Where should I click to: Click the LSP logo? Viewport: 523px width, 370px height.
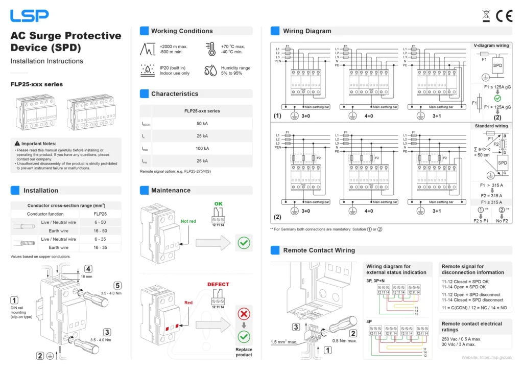pos(30,16)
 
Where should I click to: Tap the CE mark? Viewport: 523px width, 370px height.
pos(504,16)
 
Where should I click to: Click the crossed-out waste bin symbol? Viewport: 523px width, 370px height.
pos(486,16)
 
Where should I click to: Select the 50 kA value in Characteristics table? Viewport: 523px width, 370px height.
pos(202,124)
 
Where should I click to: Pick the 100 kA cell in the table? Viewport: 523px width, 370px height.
pos(202,149)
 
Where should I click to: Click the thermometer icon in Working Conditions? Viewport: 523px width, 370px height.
pos(210,49)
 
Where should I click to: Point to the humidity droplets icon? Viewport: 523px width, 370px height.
pos(210,71)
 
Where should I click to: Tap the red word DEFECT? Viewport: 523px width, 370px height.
pos(218,284)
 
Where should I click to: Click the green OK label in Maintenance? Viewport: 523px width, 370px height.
pos(218,204)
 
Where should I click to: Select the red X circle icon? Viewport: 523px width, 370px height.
pos(244,314)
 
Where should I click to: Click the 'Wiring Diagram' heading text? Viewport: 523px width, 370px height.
pos(307,31)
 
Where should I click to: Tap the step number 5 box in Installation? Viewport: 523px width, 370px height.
pos(118,286)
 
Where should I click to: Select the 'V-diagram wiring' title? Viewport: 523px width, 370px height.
pos(491,45)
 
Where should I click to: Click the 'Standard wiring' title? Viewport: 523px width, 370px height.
pos(491,126)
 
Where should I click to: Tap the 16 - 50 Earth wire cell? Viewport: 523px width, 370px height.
pos(100,231)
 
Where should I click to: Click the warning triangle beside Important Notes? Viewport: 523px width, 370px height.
pos(17,144)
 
